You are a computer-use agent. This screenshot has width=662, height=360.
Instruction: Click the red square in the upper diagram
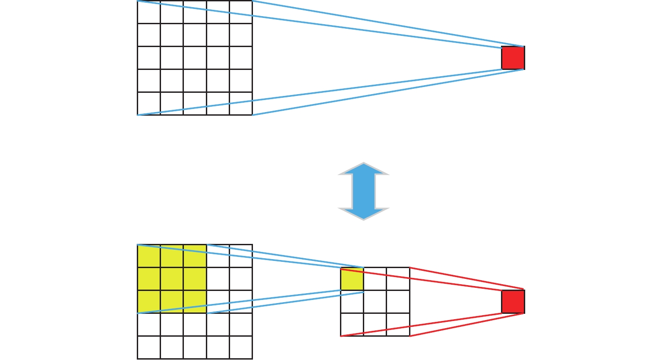513,58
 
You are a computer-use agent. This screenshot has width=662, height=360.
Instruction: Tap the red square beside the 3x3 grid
513,302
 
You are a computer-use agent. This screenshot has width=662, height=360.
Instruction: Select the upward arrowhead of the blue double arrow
363,169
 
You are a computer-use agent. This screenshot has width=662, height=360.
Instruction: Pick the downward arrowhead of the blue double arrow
363,214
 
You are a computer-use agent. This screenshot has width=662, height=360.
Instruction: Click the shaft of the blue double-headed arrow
363,191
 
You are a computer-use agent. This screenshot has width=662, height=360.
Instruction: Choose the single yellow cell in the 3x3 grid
352,279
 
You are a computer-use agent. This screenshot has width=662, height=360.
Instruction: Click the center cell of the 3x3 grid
375,302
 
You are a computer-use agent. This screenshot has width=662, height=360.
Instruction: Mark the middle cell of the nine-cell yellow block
172,279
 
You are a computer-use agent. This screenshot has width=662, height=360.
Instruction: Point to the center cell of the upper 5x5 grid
195,58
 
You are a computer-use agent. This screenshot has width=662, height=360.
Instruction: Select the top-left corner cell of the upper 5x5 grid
149,12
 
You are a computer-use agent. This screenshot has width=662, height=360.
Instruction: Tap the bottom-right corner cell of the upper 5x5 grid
241,104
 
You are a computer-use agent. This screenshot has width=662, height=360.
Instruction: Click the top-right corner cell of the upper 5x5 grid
241,12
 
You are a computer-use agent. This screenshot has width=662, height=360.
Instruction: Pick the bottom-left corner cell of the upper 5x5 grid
149,104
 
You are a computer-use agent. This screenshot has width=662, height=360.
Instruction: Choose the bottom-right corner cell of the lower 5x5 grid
241,347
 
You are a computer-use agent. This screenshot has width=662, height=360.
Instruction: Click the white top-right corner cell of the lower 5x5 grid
241,256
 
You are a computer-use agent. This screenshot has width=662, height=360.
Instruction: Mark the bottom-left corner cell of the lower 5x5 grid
149,347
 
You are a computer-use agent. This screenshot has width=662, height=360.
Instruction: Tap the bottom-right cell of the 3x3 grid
398,325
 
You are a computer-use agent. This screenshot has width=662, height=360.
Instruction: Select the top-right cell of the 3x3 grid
398,279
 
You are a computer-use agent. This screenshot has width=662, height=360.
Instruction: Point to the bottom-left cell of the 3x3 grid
352,325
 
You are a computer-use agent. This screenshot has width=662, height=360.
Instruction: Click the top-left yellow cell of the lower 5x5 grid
149,256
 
